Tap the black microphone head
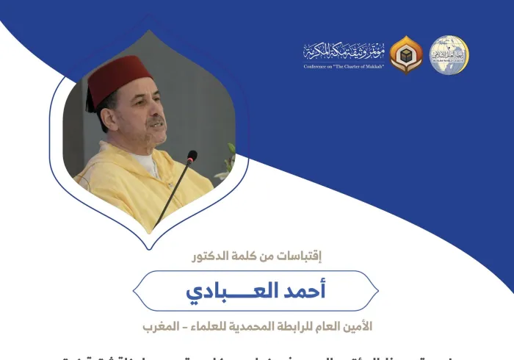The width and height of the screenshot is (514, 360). [192, 156]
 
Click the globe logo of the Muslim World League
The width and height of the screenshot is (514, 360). [449, 54]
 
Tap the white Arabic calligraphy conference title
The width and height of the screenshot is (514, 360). [344, 51]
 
